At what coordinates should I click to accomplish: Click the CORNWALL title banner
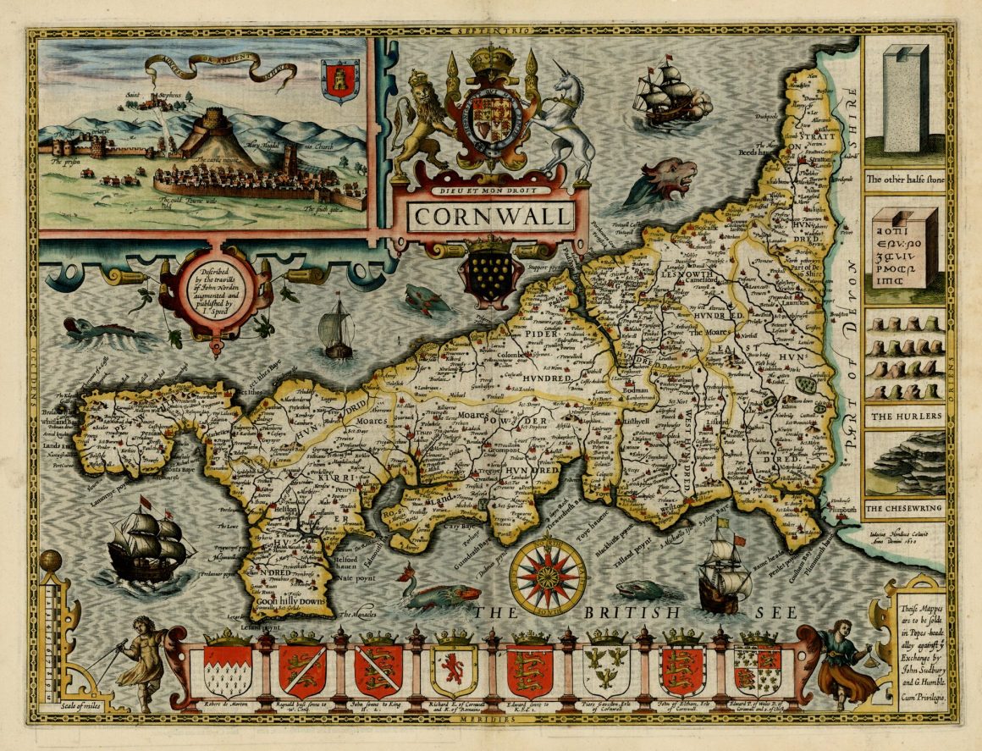[x=490, y=216]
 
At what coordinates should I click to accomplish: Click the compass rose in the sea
[x=548, y=578]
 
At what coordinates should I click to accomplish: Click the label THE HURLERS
[x=904, y=417]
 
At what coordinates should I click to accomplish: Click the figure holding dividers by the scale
[x=141, y=661]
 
